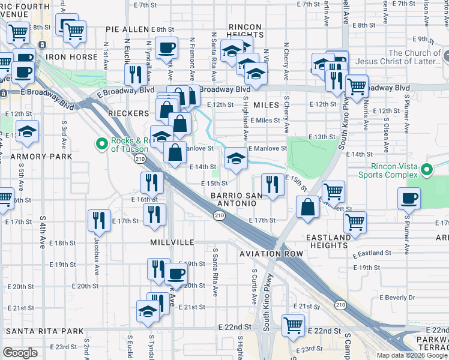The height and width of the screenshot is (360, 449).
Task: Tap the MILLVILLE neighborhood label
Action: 172,242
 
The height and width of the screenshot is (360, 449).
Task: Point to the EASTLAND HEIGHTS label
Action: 328,242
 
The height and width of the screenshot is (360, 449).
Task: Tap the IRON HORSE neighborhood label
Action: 72,57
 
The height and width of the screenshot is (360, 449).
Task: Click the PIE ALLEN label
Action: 127,29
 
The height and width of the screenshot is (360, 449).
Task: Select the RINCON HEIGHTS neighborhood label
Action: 245,31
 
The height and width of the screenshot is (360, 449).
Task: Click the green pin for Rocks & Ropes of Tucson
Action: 101,144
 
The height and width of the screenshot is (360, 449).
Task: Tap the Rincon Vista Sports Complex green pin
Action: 427,170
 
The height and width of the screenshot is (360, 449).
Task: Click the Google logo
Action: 20,352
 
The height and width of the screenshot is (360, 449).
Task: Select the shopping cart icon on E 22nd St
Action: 293,326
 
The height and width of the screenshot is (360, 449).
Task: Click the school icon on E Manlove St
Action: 236,159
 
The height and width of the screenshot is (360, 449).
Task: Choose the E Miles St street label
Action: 266,120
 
